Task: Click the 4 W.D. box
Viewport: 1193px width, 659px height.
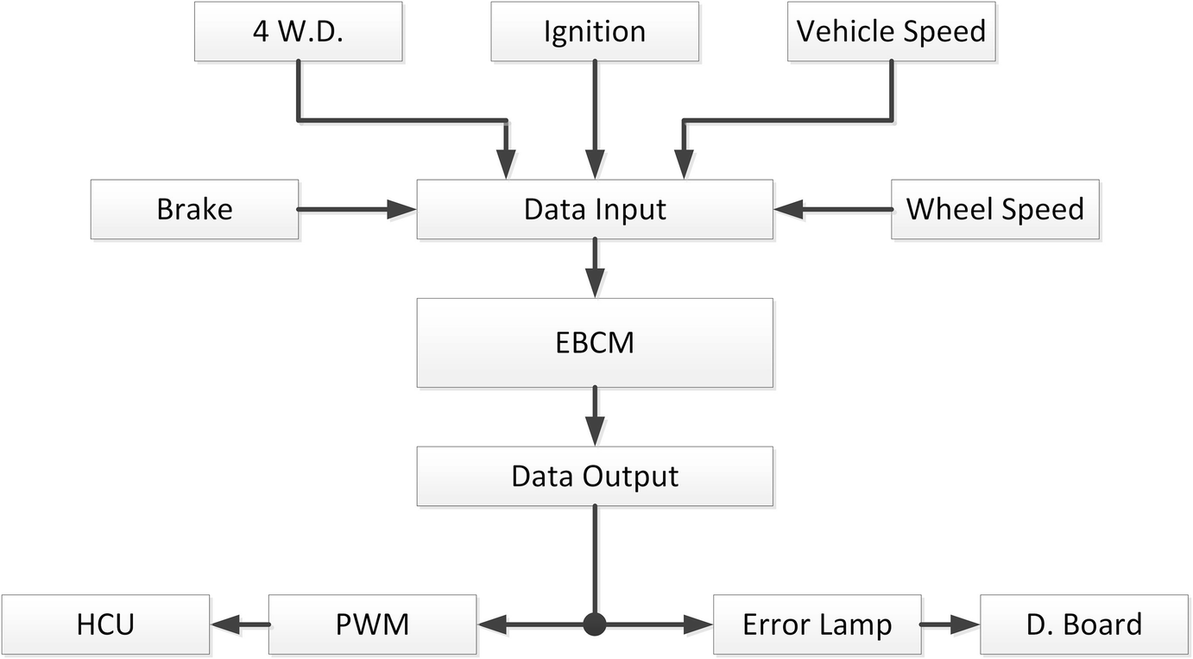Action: coord(298,32)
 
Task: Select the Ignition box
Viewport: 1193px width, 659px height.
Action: coord(594,32)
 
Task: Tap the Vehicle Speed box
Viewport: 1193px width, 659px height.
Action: coord(891,32)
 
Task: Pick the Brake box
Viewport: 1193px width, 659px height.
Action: coord(194,209)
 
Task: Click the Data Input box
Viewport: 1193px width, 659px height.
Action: coord(595,209)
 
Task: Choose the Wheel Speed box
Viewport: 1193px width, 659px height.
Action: coord(994,209)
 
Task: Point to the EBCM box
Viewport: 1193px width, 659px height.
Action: coord(595,343)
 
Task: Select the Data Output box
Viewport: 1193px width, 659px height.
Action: coord(595,476)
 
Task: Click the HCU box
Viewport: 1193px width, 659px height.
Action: coord(105,624)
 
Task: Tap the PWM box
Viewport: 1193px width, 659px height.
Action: coord(372,624)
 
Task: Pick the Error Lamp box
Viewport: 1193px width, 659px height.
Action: coord(817,624)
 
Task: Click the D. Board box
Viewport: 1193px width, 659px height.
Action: coord(1083,624)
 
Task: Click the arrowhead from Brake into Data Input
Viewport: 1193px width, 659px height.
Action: coord(402,209)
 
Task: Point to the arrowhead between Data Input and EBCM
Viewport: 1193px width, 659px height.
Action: coord(595,284)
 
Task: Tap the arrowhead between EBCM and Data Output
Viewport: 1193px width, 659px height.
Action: coord(595,432)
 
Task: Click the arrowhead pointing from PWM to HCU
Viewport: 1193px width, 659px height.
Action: coord(224,624)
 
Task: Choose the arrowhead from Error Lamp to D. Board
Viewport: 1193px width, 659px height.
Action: coord(967,624)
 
